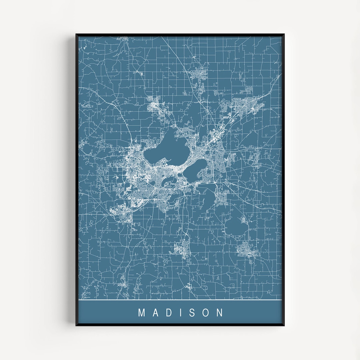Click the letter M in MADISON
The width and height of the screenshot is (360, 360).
(x=142, y=313)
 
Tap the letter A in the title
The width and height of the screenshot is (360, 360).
(x=154, y=313)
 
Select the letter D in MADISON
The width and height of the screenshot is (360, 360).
(x=167, y=313)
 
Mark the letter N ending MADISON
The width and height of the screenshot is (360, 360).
(x=220, y=313)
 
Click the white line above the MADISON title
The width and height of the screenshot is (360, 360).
(x=180, y=300)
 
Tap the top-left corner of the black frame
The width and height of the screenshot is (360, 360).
(x=76, y=34)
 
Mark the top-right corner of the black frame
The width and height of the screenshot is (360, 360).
(x=284, y=34)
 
